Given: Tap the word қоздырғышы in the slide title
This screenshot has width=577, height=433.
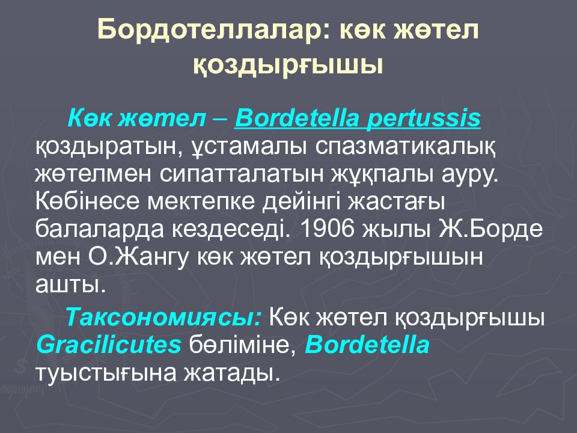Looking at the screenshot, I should tap(288, 64).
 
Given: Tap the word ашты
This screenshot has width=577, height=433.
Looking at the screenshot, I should tap(70, 283).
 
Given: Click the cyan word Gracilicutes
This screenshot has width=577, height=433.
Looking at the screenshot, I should tap(109, 345).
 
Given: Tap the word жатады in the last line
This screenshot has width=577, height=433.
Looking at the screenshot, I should tap(237, 372).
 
